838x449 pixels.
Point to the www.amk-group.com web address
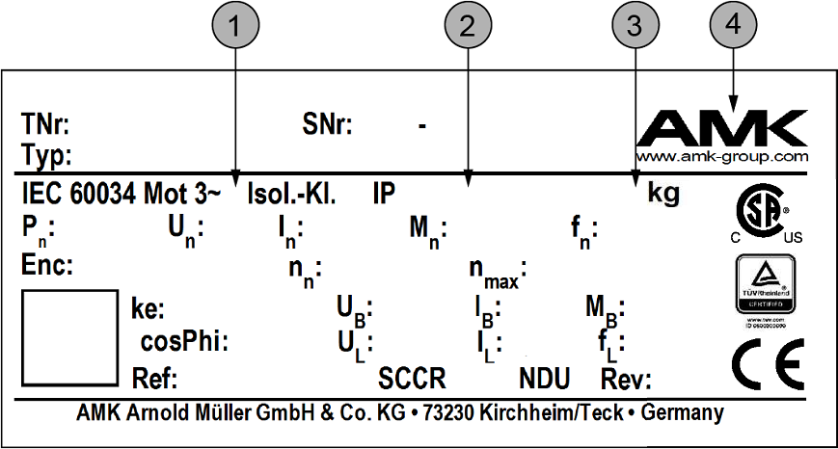tap(722, 156)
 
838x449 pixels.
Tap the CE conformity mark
tap(765, 363)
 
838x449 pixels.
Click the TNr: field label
tap(44, 125)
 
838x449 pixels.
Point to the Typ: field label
tap(43, 154)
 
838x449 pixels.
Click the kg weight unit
tap(663, 194)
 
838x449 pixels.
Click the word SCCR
tap(416, 376)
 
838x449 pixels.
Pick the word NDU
tap(545, 376)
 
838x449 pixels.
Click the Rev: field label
tap(627, 376)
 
